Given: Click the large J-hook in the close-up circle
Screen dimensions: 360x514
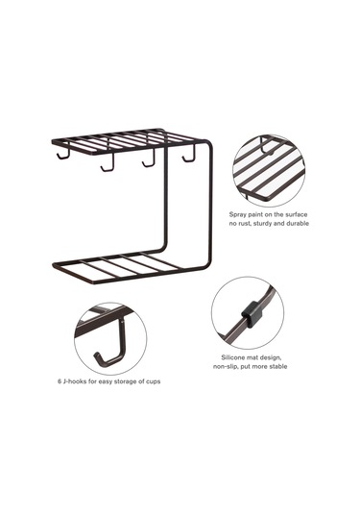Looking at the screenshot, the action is tap(112, 348).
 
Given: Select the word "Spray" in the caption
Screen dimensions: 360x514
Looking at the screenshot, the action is tap(237, 215).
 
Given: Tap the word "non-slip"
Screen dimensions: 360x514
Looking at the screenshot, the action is tap(226, 366).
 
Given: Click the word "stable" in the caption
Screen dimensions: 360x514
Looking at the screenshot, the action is tap(278, 366).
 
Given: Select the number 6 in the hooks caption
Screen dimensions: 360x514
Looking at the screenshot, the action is tap(60, 381).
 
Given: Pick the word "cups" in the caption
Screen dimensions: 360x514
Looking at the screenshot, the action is tap(153, 381).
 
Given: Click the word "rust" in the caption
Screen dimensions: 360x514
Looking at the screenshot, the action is tap(246, 224).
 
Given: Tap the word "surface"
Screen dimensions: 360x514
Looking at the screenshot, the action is tap(296, 214).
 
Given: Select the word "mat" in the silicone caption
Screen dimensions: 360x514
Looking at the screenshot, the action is tap(253, 357).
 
